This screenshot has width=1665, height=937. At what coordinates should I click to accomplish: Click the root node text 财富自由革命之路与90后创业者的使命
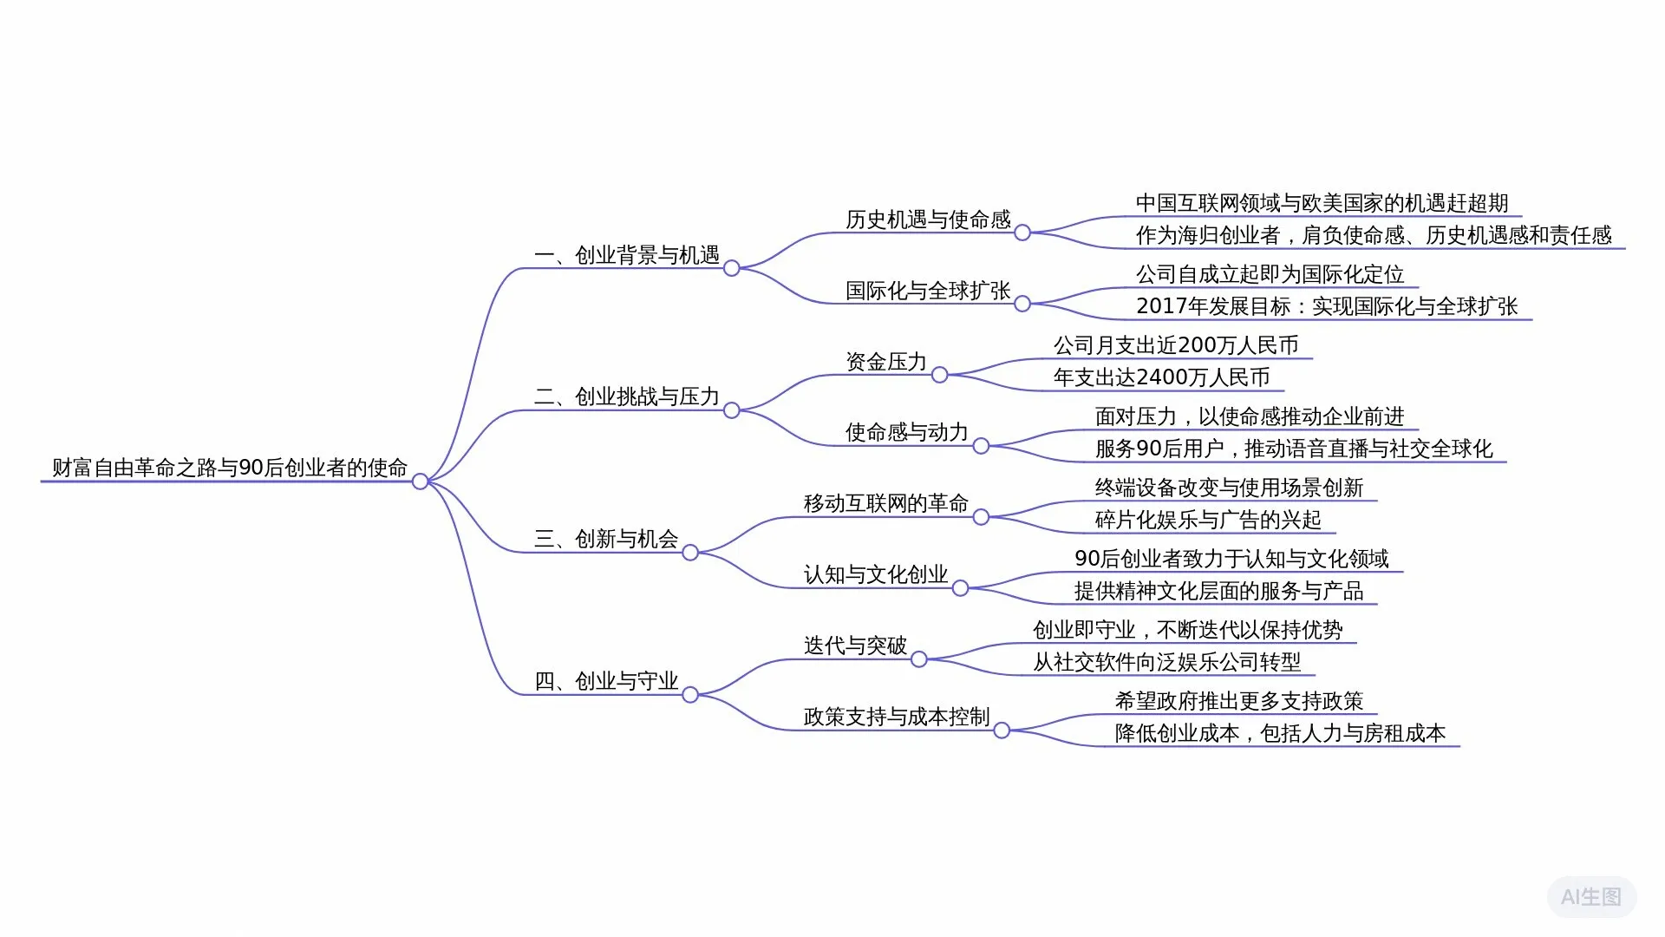point(229,468)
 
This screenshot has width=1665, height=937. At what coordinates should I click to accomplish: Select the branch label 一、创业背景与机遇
point(627,255)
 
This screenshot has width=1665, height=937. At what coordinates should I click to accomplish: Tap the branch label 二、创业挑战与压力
point(627,396)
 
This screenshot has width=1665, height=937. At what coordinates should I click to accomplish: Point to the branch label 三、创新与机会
point(606,539)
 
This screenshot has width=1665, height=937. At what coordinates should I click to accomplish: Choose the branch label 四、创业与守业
point(606,681)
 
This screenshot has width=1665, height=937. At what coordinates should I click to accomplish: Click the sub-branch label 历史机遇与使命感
point(928,220)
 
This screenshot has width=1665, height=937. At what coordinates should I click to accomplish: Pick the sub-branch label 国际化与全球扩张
point(928,291)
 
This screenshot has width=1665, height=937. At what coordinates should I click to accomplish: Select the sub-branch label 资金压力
point(886,362)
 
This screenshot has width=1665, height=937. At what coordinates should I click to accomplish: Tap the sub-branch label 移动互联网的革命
point(886,503)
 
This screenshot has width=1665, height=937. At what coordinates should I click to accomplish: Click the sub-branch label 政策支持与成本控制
point(897,717)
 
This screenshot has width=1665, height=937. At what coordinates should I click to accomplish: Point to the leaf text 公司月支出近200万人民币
point(1176,345)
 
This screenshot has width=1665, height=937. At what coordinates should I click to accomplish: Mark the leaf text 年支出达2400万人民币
point(1161,377)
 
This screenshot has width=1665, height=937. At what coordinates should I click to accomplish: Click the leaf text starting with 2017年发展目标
point(1327,306)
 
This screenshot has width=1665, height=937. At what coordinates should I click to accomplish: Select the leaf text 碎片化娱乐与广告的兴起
point(1208,520)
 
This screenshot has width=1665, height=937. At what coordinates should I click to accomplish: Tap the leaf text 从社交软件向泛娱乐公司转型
point(1167,662)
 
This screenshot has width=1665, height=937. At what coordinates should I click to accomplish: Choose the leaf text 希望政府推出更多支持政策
point(1239,701)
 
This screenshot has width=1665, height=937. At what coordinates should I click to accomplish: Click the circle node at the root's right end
point(420,482)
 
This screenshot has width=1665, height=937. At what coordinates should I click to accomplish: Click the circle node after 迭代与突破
point(919,659)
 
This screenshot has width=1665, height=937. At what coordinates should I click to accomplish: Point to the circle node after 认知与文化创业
point(960,588)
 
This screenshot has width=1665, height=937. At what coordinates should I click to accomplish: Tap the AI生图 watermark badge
point(1591,897)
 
